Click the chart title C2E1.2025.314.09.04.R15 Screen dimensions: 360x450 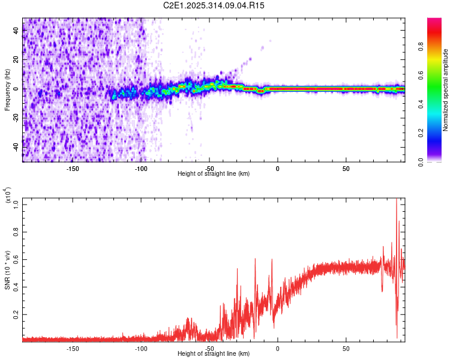[214, 5]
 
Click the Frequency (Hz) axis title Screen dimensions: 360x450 [7, 89]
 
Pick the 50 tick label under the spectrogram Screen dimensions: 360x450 [346, 169]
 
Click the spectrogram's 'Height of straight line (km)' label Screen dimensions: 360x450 [214, 174]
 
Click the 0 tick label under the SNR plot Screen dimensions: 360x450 [278, 349]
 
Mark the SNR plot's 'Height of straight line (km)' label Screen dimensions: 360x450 [214, 354]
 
